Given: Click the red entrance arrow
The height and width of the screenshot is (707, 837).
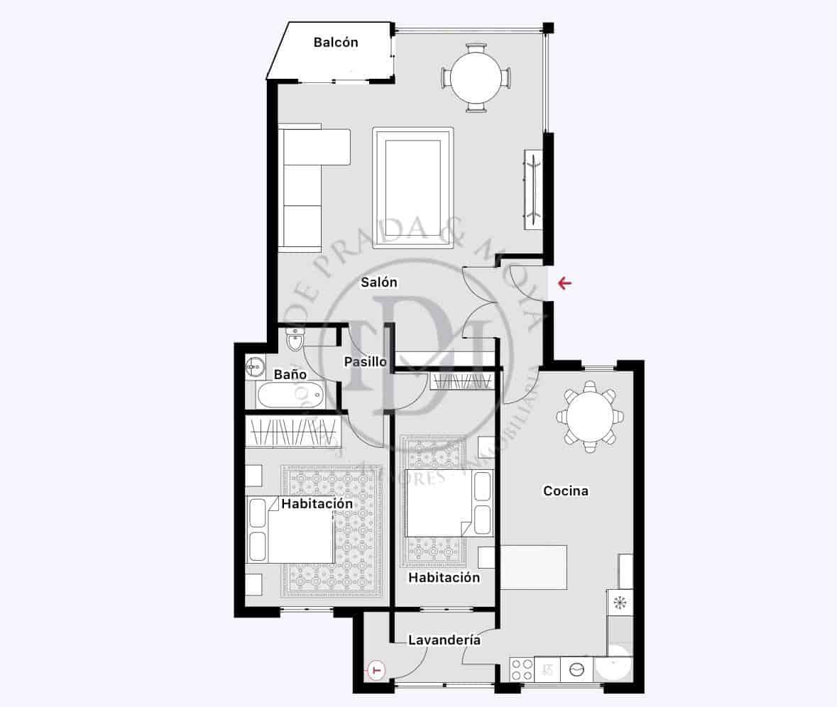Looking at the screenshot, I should click(564, 285).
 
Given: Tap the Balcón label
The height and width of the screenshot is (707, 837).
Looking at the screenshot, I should click(336, 43).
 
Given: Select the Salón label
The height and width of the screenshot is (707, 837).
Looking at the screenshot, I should click(379, 283).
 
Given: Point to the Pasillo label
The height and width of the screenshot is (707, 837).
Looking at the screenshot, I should click(365, 361).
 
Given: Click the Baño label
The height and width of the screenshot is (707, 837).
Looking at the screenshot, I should click(290, 374).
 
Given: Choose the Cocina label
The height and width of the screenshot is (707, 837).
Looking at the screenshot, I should click(565, 490).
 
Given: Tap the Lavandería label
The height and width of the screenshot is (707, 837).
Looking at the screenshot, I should click(444, 640).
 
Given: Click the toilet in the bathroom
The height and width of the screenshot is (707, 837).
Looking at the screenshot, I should click(293, 340).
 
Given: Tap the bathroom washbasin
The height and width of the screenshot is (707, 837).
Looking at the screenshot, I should click(256, 368).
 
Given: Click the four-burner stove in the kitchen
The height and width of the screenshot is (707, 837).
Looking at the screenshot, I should click(522, 669).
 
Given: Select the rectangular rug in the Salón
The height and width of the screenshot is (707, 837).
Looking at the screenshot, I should click(413, 188).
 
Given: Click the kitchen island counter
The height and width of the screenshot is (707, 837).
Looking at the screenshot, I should click(533, 567).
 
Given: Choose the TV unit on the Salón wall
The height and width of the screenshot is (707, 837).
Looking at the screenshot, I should click(533, 189).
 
